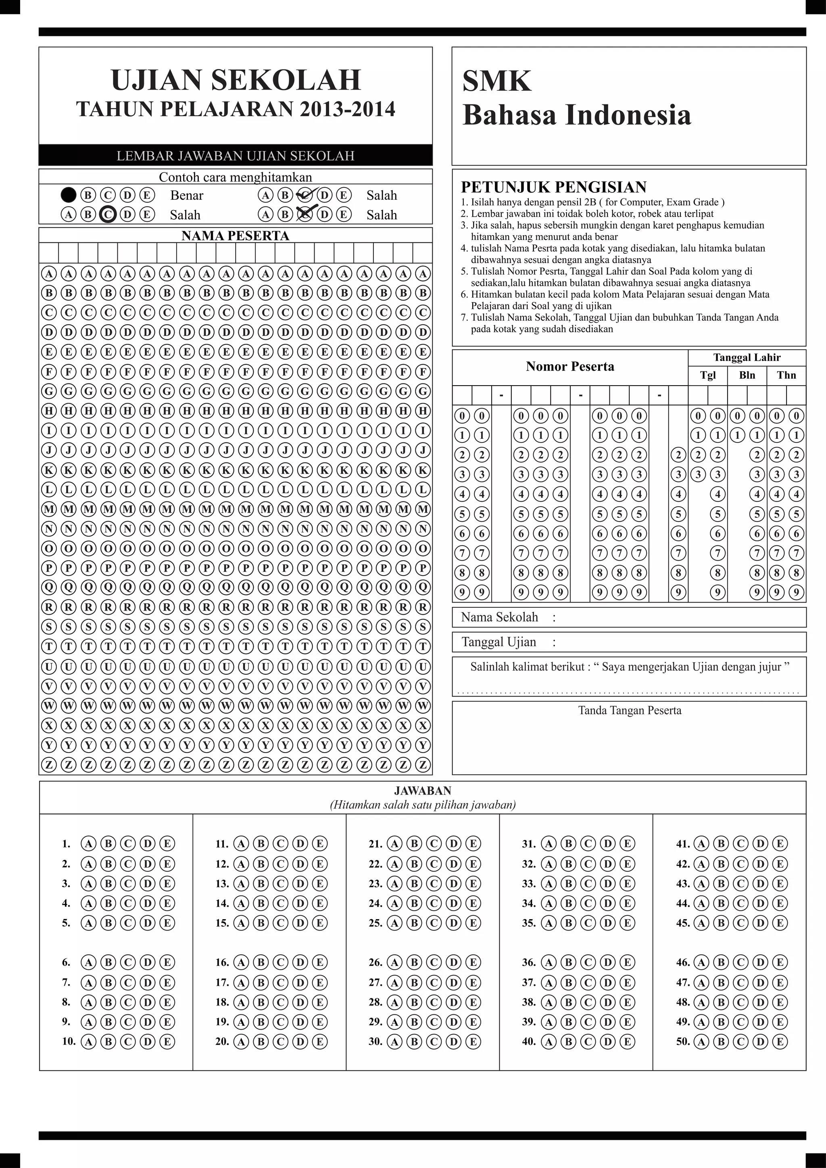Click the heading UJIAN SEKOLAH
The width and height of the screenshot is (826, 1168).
pos(236,80)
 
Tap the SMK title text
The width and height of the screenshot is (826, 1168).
pos(496,81)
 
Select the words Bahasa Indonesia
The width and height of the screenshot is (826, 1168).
pos(576,115)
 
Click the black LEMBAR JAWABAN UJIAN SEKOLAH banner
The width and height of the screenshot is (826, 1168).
pos(236,156)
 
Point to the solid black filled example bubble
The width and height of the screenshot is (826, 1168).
pos(68,195)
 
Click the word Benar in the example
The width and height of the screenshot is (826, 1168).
pos(187,195)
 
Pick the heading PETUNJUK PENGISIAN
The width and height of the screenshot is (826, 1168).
pos(553,187)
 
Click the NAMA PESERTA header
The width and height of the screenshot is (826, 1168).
pos(236,236)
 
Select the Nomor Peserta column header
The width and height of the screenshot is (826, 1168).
pos(569,366)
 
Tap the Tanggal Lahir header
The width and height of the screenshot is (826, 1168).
pos(746,357)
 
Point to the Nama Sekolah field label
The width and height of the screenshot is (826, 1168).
pos(499,617)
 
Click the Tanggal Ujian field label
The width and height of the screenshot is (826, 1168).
pos(499,642)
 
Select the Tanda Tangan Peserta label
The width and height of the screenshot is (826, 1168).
pos(629,710)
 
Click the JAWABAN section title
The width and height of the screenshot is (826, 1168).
pos(422,790)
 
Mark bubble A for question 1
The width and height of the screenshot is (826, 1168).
pos(88,844)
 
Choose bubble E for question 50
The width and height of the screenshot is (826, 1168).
pos(779,1041)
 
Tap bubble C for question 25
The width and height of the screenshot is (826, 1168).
pos(434,923)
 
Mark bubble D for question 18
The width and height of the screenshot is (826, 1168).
pos(300,1002)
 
